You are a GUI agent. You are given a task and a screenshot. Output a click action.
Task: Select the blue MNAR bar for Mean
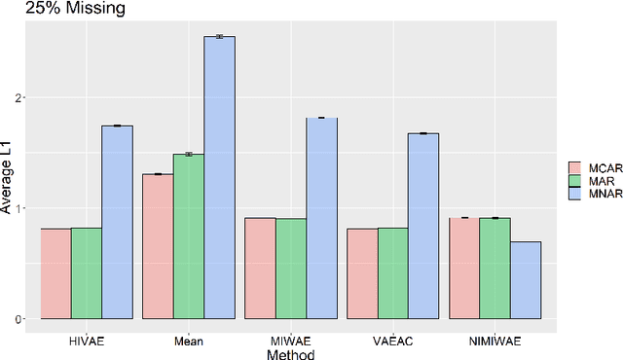pos(219,178)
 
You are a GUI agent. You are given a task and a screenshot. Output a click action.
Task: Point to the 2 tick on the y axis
pos(18,98)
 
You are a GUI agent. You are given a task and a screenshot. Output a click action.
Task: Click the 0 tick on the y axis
pos(18,319)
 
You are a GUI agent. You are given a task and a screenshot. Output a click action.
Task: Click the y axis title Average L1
pos(8,180)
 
